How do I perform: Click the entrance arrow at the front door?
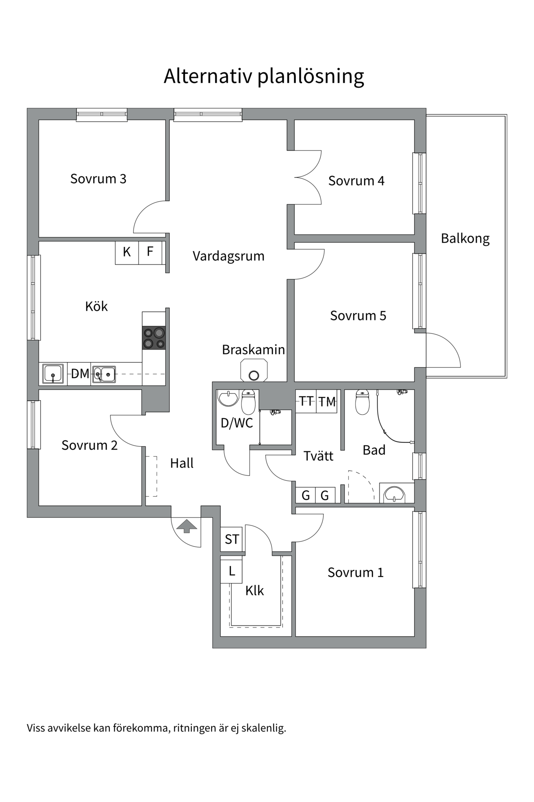coord(186,526)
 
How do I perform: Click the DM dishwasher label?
coord(80,373)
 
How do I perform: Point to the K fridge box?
coord(127,252)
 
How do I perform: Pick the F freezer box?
coord(150,252)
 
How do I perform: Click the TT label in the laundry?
coord(306,401)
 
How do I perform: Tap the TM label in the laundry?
coord(327,402)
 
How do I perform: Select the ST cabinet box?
coord(232,539)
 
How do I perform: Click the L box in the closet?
coord(232,571)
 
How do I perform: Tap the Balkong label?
coord(465,239)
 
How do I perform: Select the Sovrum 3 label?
coord(98,179)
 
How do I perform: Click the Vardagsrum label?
coord(228,256)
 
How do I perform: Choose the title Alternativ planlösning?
coord(264,76)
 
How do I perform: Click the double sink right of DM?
coord(104,374)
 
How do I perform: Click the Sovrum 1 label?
coord(355,572)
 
